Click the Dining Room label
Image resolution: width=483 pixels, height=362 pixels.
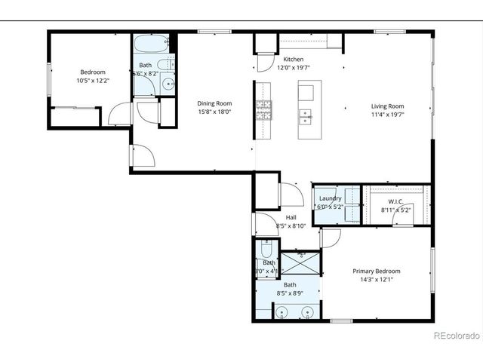coord(214,103)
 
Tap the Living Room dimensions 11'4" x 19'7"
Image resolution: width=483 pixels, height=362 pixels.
coord(388,115)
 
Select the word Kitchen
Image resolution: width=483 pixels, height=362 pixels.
coord(293,59)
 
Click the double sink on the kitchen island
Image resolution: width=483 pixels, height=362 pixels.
coord(306,118)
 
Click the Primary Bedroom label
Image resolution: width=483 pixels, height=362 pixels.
coord(377,271)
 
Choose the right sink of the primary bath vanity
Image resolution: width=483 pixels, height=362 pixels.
coord(308,311)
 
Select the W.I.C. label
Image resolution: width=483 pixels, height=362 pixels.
coord(395,201)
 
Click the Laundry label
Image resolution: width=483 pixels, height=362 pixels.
coord(330,198)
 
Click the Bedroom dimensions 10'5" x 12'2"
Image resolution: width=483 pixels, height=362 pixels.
coord(92,81)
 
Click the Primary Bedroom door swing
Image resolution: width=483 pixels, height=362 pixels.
coord(329,237)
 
